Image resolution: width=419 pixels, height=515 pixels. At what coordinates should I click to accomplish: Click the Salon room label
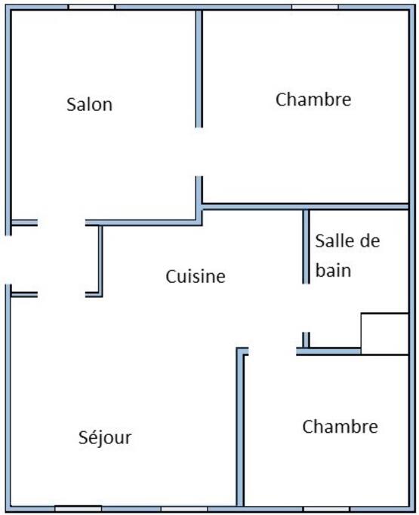click(x=89, y=105)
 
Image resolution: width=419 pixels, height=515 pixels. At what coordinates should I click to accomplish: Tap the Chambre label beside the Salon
click(x=313, y=100)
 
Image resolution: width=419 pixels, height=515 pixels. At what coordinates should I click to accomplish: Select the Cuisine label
click(x=196, y=276)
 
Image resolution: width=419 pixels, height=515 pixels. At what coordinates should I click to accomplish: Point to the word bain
click(x=333, y=270)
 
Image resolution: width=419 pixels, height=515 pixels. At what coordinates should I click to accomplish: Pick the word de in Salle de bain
click(x=369, y=241)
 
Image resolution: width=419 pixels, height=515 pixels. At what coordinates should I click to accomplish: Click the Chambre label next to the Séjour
click(x=340, y=426)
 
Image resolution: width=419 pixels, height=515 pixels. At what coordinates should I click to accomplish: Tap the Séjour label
click(x=105, y=438)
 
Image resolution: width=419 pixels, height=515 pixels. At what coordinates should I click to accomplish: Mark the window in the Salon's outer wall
click(x=91, y=7)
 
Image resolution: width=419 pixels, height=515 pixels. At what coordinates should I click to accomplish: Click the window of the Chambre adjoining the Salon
click(x=315, y=7)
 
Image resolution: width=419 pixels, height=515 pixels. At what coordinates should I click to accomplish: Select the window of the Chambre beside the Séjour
click(x=326, y=509)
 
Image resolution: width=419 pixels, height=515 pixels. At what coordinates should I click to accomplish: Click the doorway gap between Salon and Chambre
click(x=199, y=152)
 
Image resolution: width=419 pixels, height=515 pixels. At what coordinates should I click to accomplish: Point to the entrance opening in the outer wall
click(x=8, y=260)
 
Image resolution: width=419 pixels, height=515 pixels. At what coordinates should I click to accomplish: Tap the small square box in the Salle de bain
click(x=385, y=334)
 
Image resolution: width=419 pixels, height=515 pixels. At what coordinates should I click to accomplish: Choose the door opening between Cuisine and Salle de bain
click(x=306, y=308)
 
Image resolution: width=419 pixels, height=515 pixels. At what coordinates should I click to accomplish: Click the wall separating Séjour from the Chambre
click(x=240, y=427)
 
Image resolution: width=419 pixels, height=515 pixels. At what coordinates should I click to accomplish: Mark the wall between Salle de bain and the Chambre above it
click(x=305, y=207)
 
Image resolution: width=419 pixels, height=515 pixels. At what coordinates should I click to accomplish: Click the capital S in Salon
click(x=71, y=105)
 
